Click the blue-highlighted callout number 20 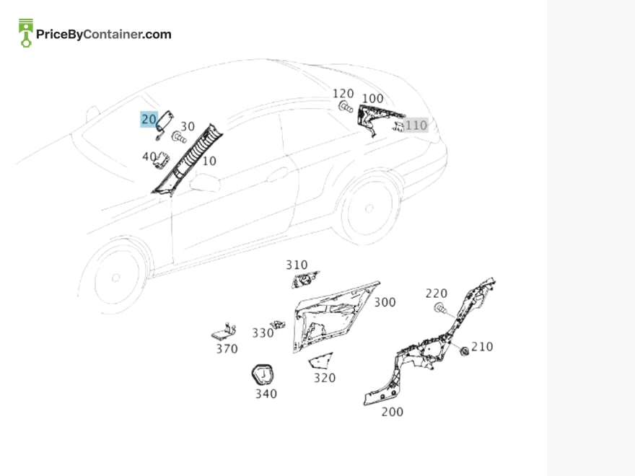[x=149, y=120]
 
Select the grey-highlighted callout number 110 [x=416, y=125]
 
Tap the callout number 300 [x=385, y=302]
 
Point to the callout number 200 [x=392, y=412]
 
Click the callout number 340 [x=266, y=394]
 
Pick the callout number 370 [x=227, y=349]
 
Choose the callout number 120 [x=343, y=94]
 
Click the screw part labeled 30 [x=179, y=138]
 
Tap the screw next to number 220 [x=442, y=309]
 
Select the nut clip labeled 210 [x=464, y=351]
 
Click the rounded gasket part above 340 [x=263, y=374]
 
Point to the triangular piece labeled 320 [x=320, y=361]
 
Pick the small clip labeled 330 [x=279, y=325]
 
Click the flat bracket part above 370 [x=224, y=332]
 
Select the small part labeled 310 [x=305, y=279]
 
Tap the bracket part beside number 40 [x=162, y=159]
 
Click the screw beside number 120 [x=346, y=107]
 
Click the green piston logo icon [x=26, y=32]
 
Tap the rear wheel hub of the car [x=369, y=208]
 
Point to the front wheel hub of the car [x=116, y=278]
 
